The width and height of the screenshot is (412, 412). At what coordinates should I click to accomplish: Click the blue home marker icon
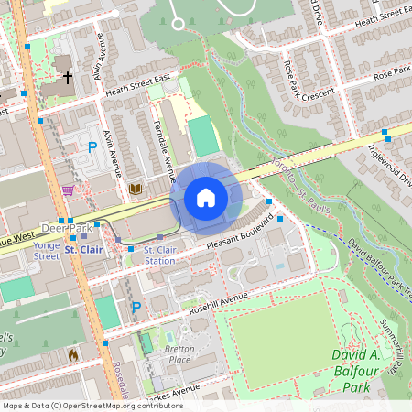pos(206,197)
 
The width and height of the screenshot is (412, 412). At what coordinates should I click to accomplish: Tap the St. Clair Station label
pos(160,255)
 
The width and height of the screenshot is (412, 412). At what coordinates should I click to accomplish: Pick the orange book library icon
pos(136,189)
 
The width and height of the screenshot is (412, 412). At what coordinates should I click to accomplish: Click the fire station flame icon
pos(73,354)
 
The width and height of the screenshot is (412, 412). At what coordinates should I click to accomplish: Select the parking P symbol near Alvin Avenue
pos(92,146)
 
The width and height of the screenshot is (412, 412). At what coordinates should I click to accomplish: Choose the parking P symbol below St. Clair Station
pos(136,307)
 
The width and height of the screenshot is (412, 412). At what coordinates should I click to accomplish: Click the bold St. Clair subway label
pos(83,249)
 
